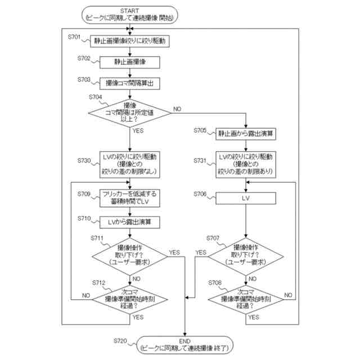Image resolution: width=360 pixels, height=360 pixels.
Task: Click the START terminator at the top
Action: point(130,14)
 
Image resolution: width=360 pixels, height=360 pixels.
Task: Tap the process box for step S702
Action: point(130,61)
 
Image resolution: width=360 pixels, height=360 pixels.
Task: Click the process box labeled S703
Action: point(130,83)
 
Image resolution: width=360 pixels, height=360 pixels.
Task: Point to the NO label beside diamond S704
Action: point(177,108)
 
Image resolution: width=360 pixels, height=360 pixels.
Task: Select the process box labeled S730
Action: point(130,163)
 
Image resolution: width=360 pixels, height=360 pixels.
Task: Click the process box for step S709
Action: point(130,198)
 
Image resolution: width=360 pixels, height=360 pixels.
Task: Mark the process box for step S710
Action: point(130,222)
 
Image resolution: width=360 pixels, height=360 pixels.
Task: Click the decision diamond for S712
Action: point(130,299)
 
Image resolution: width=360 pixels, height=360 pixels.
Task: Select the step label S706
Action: point(199,194)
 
